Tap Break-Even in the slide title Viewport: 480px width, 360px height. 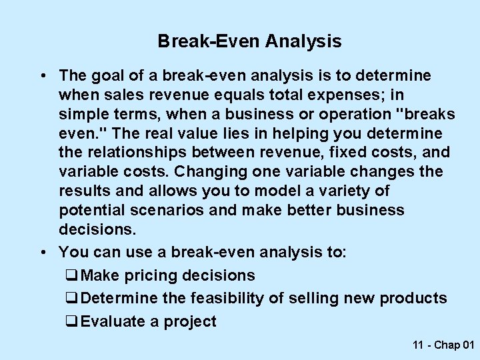pos(209,42)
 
